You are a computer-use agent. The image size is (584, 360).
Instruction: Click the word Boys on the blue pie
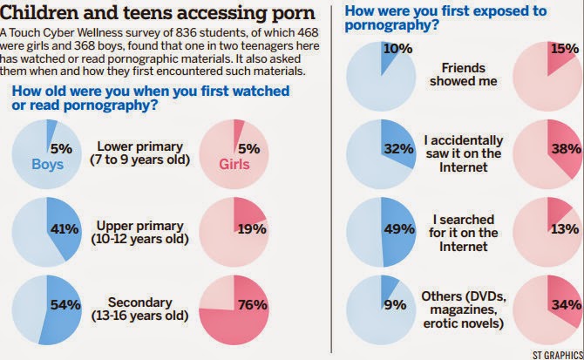49,163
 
